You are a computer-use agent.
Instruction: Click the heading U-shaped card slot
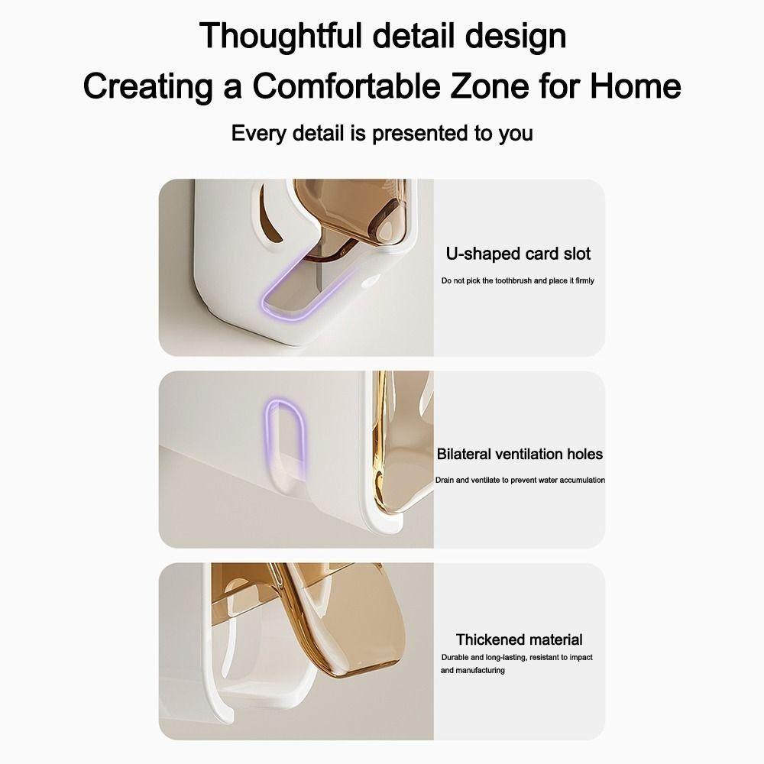click(x=519, y=254)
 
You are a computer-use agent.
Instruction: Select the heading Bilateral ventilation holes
click(x=520, y=454)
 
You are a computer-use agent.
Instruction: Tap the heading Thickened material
click(x=519, y=639)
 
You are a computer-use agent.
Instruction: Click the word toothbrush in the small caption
click(x=510, y=281)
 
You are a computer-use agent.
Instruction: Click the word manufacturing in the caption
click(x=481, y=670)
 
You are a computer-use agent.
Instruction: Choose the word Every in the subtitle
click(x=259, y=134)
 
